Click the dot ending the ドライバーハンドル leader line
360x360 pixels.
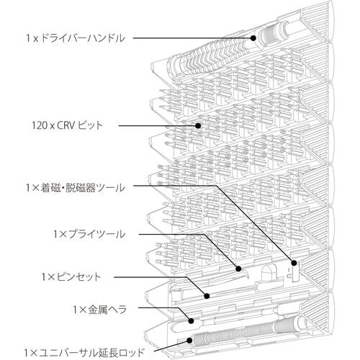253,37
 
